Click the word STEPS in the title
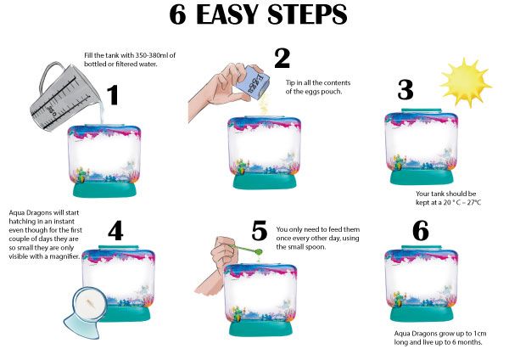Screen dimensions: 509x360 point(307,14)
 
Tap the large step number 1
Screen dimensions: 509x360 point(113,95)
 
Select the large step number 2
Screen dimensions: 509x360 point(282,58)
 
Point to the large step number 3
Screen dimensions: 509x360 point(406,90)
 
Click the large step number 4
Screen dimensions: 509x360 point(115,231)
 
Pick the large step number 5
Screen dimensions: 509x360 point(260,231)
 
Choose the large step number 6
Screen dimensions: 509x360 point(421,231)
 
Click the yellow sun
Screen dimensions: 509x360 point(466,82)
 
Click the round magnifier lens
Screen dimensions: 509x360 point(90,305)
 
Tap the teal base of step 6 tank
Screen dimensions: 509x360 point(422,313)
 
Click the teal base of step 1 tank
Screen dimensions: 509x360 point(104,189)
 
